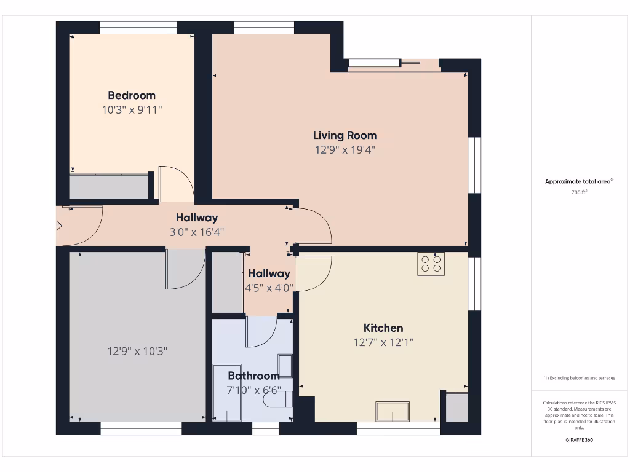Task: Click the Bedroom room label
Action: click(132, 95)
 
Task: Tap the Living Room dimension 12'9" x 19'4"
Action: click(345, 149)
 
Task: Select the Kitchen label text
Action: click(383, 328)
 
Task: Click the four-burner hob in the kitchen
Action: click(431, 264)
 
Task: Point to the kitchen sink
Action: click(393, 411)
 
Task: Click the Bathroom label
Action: click(253, 376)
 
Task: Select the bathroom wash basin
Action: click(285, 364)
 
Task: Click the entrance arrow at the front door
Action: click(58, 226)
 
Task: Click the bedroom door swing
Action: click(175, 184)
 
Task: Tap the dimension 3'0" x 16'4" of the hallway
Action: click(197, 232)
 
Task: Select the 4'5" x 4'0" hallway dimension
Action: click(269, 287)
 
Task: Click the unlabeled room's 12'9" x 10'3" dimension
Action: click(137, 352)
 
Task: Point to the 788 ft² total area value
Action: click(579, 192)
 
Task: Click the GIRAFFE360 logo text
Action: click(579, 440)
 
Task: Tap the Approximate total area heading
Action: click(579, 181)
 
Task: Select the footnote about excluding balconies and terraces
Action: click(579, 378)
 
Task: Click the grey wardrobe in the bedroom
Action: click(109, 187)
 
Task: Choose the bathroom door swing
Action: click(261, 332)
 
